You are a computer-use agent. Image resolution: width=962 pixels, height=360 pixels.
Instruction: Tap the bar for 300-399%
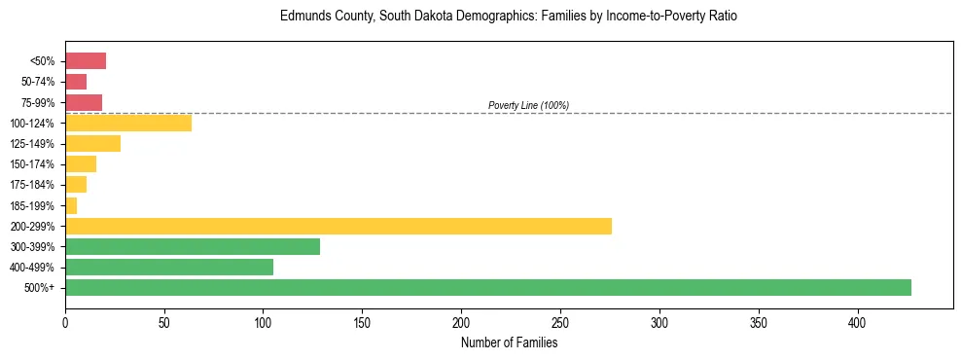tap(193, 246)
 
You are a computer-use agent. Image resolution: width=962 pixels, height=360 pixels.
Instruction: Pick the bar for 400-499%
tap(169, 267)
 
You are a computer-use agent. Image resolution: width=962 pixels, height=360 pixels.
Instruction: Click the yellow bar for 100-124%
tap(128, 123)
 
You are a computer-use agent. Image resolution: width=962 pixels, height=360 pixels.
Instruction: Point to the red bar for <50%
tap(86, 61)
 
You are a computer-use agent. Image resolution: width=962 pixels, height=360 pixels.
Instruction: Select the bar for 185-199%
tap(71, 205)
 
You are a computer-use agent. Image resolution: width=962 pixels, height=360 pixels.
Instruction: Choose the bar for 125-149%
tap(93, 143)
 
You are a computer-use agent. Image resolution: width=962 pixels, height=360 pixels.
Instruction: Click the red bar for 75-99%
tap(84, 102)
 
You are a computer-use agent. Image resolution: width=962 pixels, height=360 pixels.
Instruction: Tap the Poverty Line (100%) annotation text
tap(528, 105)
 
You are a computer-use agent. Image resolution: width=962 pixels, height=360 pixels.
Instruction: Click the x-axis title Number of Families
tap(509, 343)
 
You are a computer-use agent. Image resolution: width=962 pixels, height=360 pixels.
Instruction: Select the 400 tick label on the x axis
tap(858, 322)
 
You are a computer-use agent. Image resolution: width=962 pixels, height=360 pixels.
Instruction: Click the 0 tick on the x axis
tap(65, 322)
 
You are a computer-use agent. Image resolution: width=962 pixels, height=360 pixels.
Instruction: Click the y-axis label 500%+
tap(41, 288)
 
